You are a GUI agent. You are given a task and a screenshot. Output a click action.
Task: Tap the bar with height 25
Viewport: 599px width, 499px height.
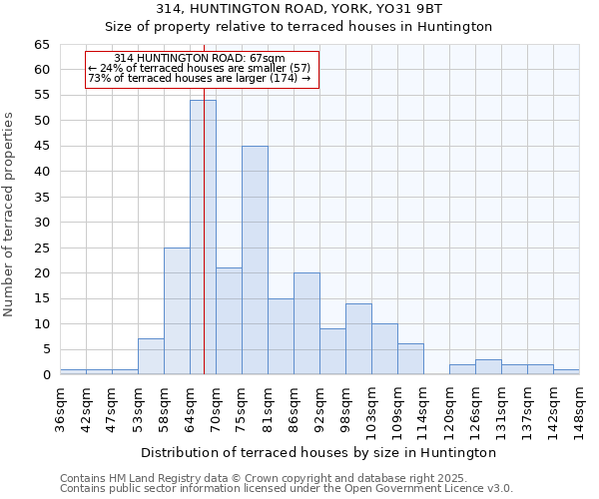tap(177, 311)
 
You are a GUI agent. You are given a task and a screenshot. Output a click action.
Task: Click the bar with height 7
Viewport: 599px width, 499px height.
tap(151, 356)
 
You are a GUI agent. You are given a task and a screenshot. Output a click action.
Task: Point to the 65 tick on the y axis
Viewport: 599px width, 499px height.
tap(41, 45)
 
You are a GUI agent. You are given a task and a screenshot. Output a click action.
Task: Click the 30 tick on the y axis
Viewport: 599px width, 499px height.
tap(41, 223)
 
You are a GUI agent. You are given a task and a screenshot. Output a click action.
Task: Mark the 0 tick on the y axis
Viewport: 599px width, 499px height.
tap(46, 375)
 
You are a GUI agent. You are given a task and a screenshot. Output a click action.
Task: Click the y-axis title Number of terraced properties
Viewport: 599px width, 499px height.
tap(10, 215)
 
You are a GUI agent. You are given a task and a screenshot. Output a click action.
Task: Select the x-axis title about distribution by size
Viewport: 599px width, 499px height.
tap(318, 452)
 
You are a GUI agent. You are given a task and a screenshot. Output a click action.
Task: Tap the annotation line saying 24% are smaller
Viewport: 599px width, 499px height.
tap(200, 68)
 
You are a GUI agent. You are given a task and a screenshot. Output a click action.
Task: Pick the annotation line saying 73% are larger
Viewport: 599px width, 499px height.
tap(200, 78)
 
